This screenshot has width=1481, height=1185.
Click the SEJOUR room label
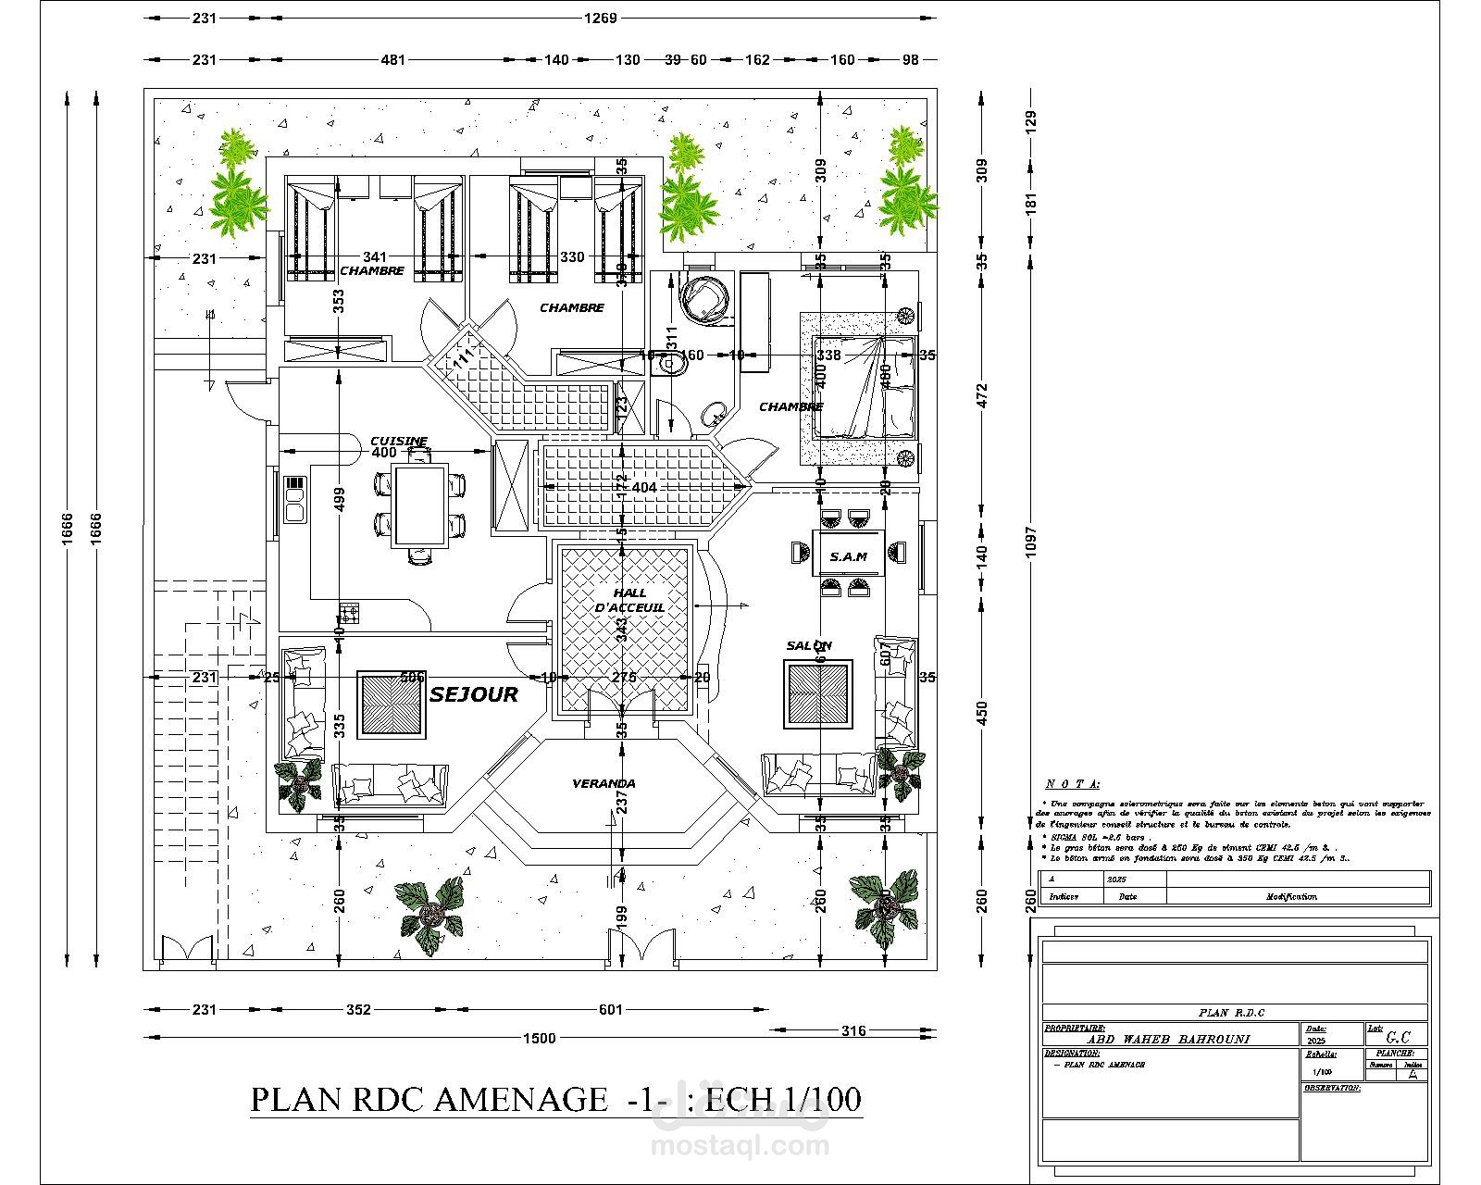473,694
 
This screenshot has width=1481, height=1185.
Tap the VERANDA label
604,783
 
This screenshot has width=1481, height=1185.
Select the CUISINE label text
399,442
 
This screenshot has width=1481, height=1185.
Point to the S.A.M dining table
848,555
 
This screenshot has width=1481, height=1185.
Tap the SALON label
809,645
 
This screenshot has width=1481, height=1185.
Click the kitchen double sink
295,501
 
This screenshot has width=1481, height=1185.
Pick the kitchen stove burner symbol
350,612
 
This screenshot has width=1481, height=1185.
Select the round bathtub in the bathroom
705,296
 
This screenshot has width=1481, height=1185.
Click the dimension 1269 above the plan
600,19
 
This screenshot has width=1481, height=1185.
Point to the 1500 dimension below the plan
540,1038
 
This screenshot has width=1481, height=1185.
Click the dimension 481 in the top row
393,60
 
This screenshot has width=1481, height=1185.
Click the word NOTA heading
1072,784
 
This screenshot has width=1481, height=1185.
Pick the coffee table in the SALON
818,694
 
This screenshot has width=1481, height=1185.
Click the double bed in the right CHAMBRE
865,387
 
